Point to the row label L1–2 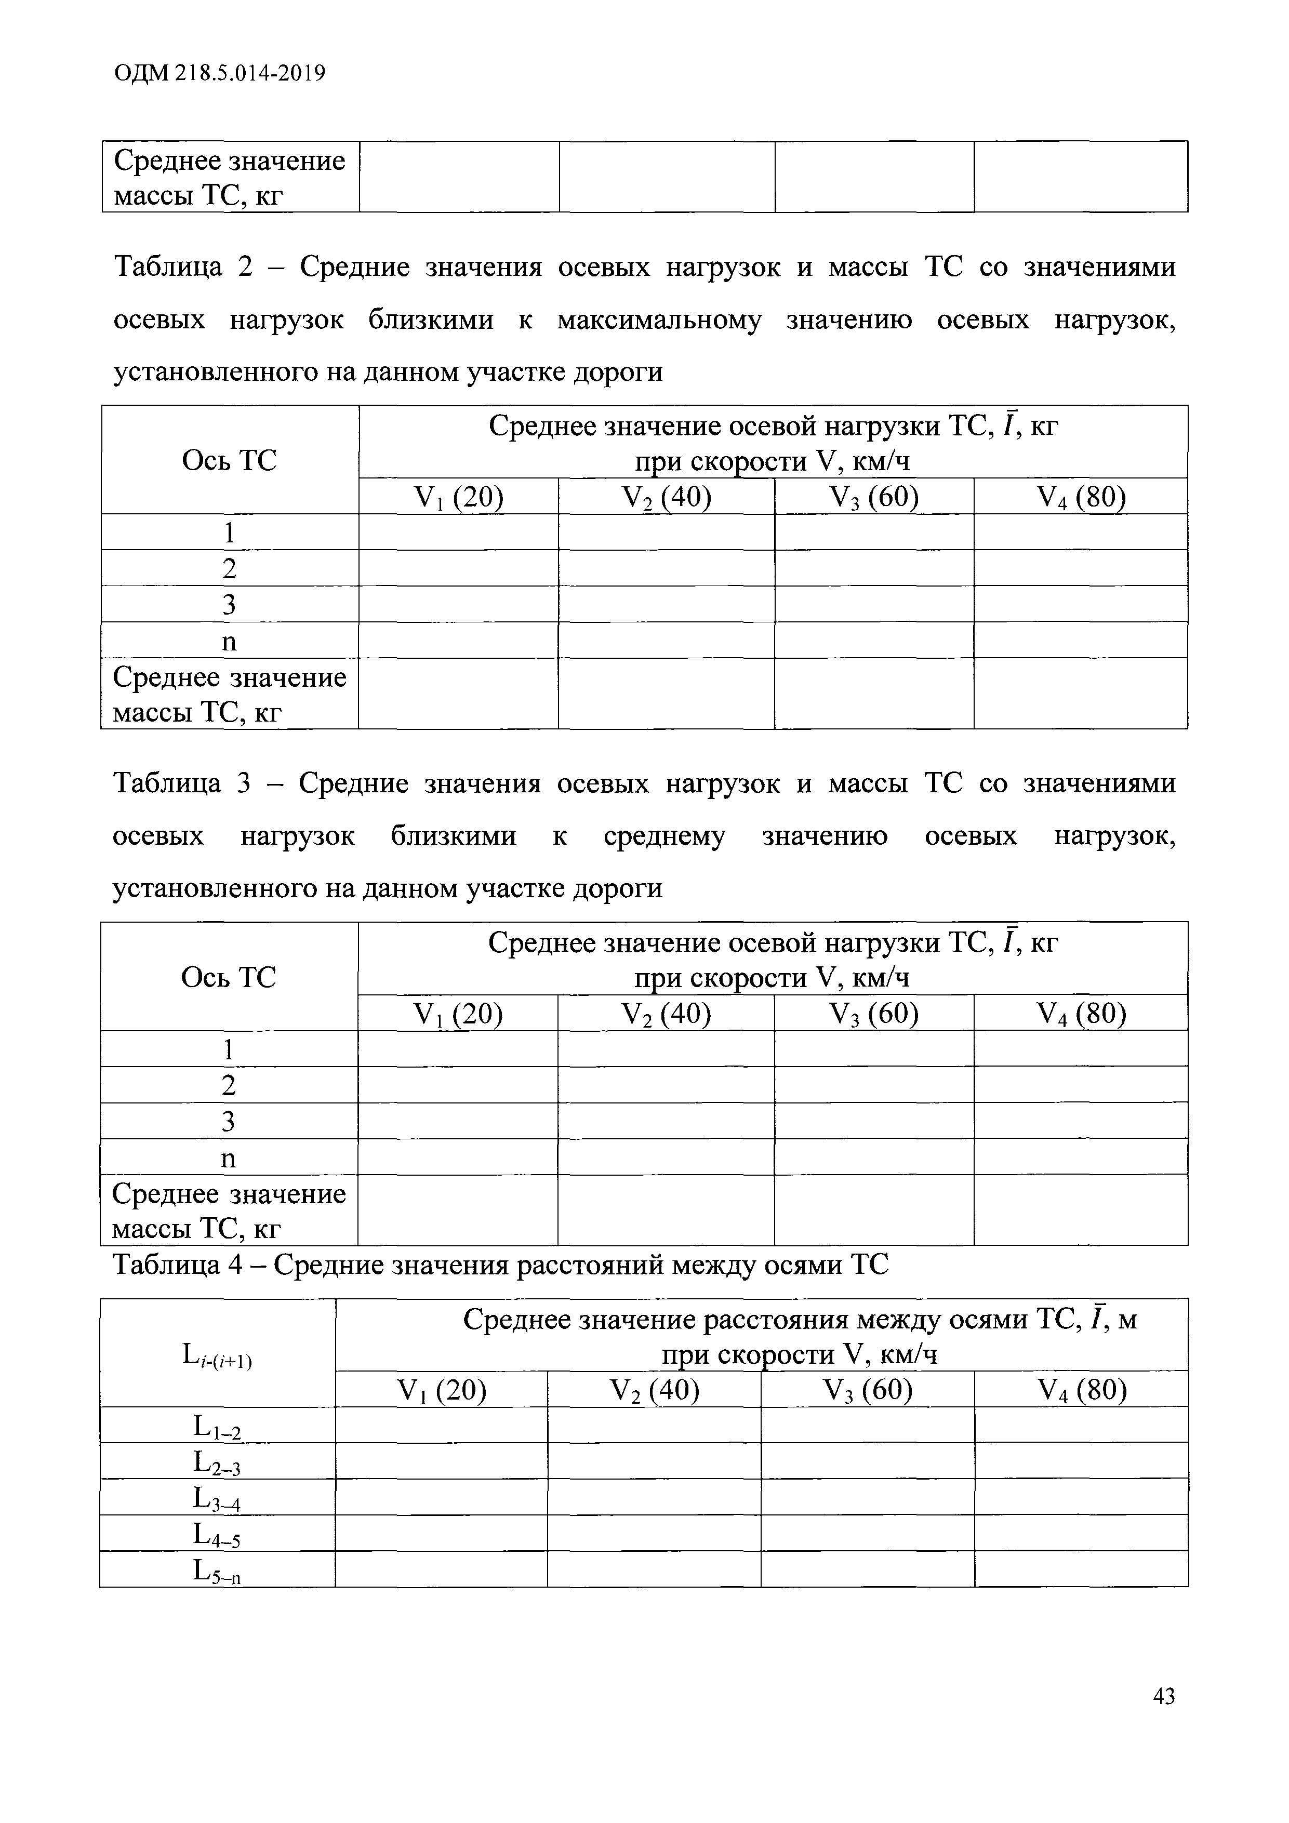click(x=217, y=1428)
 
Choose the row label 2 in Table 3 click(x=229, y=1085)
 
